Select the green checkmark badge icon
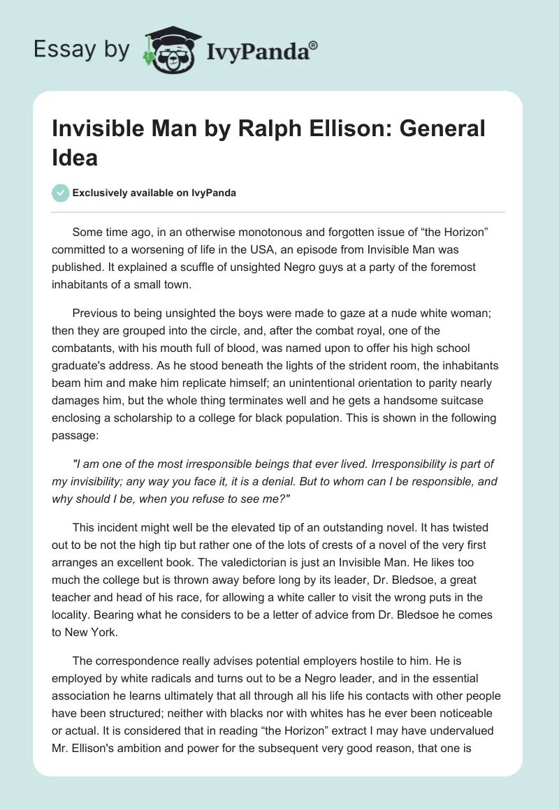pyautogui.click(x=61, y=193)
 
